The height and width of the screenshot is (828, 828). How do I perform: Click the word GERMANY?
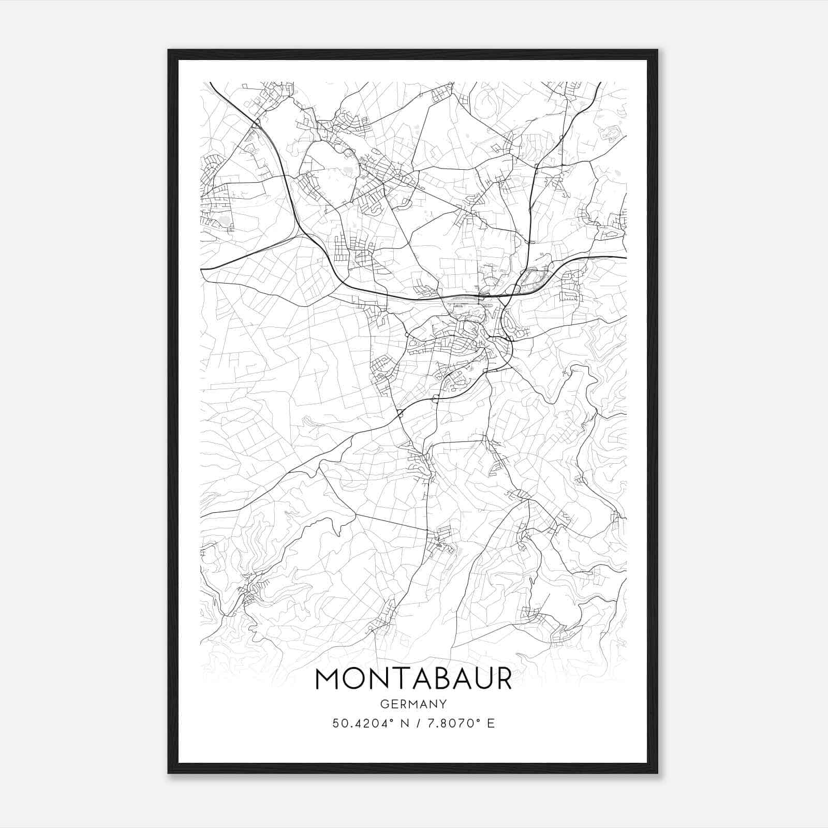pyautogui.click(x=413, y=704)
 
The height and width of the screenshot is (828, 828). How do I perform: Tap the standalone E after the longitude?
pyautogui.click(x=491, y=723)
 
